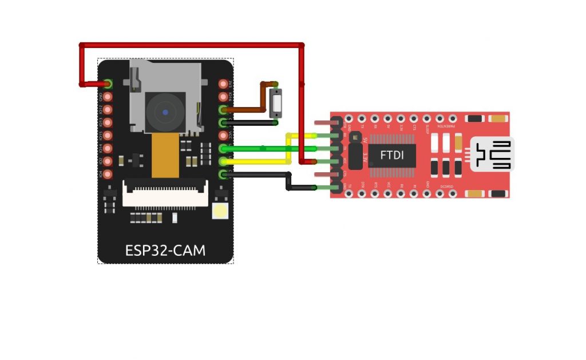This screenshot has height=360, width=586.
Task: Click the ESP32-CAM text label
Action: pyautogui.click(x=165, y=251)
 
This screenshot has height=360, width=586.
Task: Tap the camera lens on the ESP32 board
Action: pyautogui.click(x=165, y=112)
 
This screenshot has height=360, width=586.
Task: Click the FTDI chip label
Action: pyautogui.click(x=391, y=155)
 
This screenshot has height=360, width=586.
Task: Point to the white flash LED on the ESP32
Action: pyautogui.click(x=220, y=211)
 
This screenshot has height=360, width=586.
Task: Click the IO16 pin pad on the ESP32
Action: pyautogui.click(x=223, y=96)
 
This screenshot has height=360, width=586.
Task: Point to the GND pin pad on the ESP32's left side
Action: pyautogui.click(x=108, y=97)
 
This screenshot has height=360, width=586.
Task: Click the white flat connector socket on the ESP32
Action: pyautogui.click(x=165, y=193)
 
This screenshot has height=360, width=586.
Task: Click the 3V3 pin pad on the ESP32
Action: pyautogui.click(x=223, y=84)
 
